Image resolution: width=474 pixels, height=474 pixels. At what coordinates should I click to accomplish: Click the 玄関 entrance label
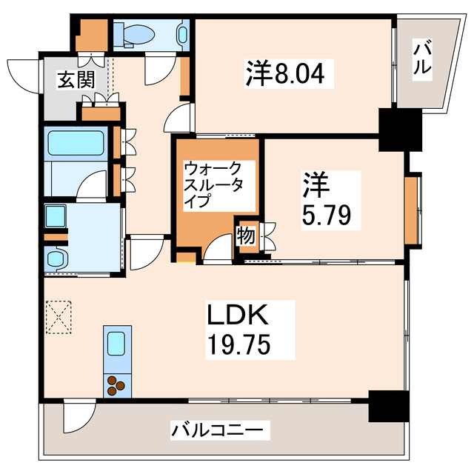[77, 79]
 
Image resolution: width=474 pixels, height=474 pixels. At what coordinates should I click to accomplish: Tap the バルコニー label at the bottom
[220, 430]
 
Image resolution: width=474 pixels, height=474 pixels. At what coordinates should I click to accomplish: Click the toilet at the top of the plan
[138, 33]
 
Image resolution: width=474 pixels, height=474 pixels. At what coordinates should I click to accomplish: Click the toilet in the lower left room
[56, 259]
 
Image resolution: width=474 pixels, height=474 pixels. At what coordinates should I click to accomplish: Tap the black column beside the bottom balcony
[388, 405]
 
